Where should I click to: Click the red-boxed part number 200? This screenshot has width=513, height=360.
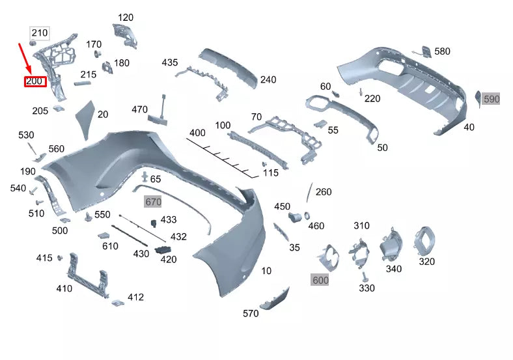tap(34, 81)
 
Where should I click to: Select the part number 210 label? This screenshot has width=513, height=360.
tap(40, 33)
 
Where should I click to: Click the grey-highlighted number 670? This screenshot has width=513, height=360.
tap(152, 202)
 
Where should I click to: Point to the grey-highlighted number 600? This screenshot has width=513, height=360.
tap(320, 280)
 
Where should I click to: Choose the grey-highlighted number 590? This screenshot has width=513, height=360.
tap(491, 99)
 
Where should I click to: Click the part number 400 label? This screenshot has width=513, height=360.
tap(197, 133)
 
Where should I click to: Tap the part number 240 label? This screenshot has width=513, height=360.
tap(268, 79)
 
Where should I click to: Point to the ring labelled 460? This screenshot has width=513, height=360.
tap(307, 215)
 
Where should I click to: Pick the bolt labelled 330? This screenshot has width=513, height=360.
tap(365, 276)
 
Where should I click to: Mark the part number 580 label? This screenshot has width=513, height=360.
tap(442, 51)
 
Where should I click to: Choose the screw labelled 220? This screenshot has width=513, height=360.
tap(360, 92)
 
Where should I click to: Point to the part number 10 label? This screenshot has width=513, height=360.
tap(266, 270)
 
